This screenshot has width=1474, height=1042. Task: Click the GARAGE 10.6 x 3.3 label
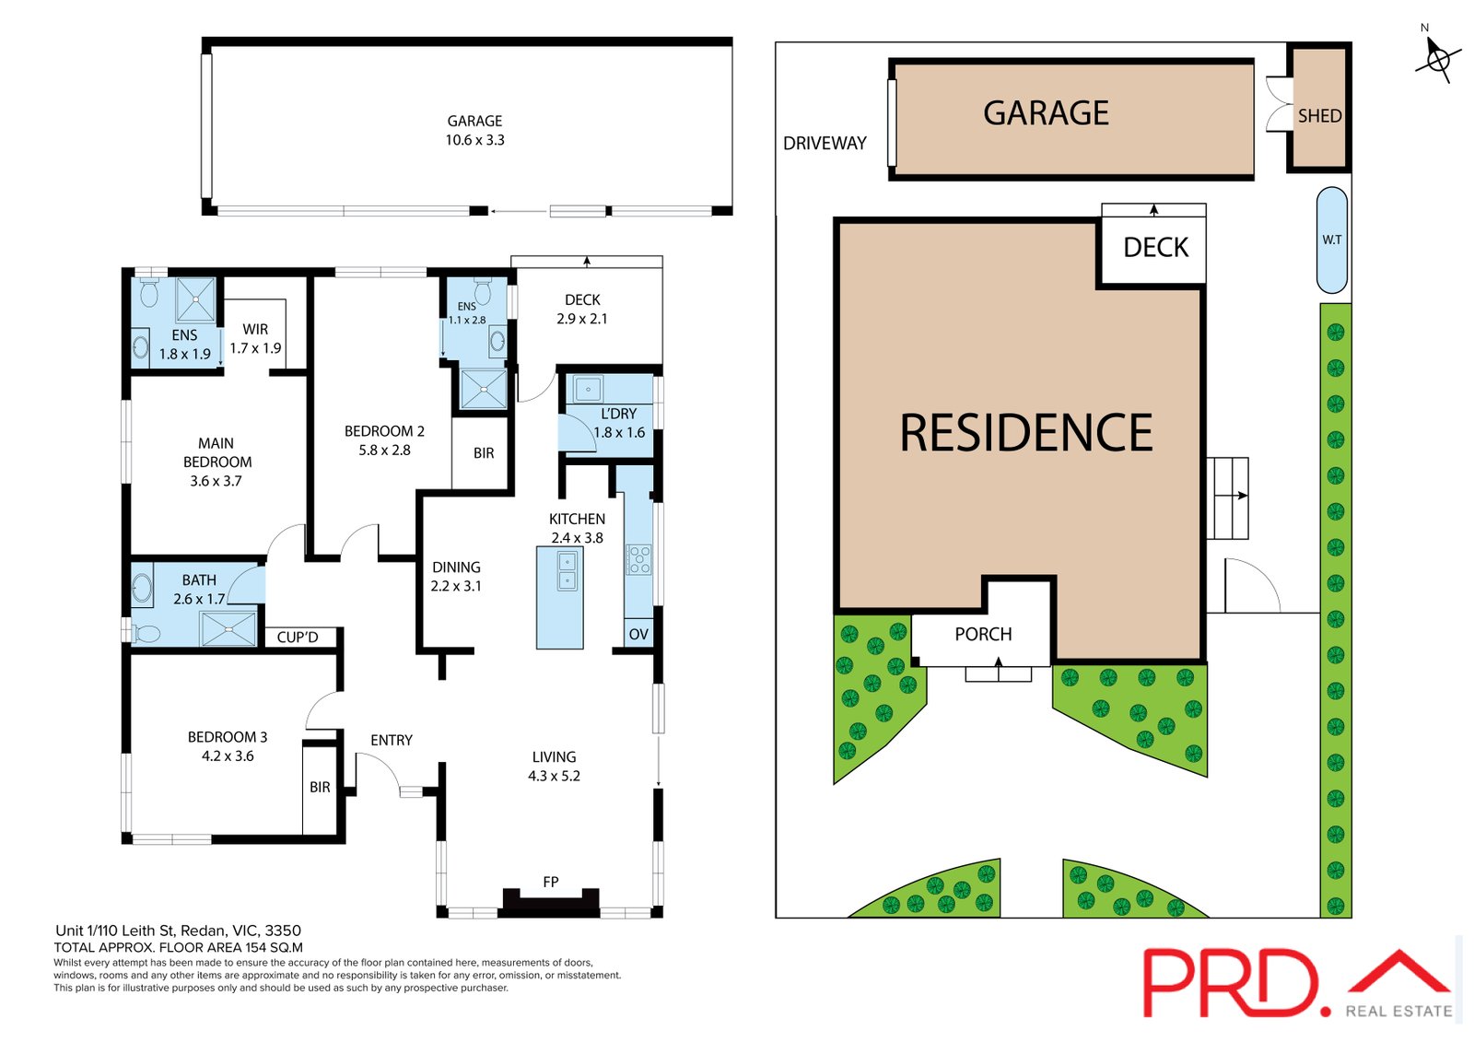pyautogui.click(x=474, y=130)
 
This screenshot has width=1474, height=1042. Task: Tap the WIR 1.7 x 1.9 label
pyautogui.click(x=255, y=338)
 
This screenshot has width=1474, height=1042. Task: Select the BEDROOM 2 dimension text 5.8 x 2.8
pyautogui.click(x=384, y=451)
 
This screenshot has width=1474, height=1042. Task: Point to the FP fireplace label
pyautogui.click(x=551, y=882)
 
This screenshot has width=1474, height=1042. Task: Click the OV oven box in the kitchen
pyautogui.click(x=638, y=634)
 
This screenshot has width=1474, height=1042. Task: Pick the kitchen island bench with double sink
pyautogui.click(x=559, y=598)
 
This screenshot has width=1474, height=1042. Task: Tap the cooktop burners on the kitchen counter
pyautogui.click(x=639, y=559)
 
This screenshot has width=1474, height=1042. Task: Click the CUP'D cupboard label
pyautogui.click(x=298, y=638)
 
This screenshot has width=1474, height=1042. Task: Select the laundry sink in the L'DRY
pyautogui.click(x=587, y=389)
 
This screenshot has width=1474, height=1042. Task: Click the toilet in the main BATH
pyautogui.click(x=146, y=633)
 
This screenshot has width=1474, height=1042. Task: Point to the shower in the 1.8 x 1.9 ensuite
pyautogui.click(x=195, y=300)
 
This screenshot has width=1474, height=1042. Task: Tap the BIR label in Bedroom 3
pyautogui.click(x=320, y=788)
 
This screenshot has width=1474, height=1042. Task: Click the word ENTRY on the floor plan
pyautogui.click(x=392, y=741)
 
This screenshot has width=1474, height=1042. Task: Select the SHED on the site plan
pyautogui.click(x=1319, y=108)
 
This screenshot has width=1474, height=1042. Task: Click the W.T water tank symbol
pyautogui.click(x=1332, y=240)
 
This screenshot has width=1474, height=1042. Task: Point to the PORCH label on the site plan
pyautogui.click(x=983, y=634)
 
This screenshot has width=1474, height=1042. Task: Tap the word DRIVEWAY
pyautogui.click(x=825, y=144)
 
